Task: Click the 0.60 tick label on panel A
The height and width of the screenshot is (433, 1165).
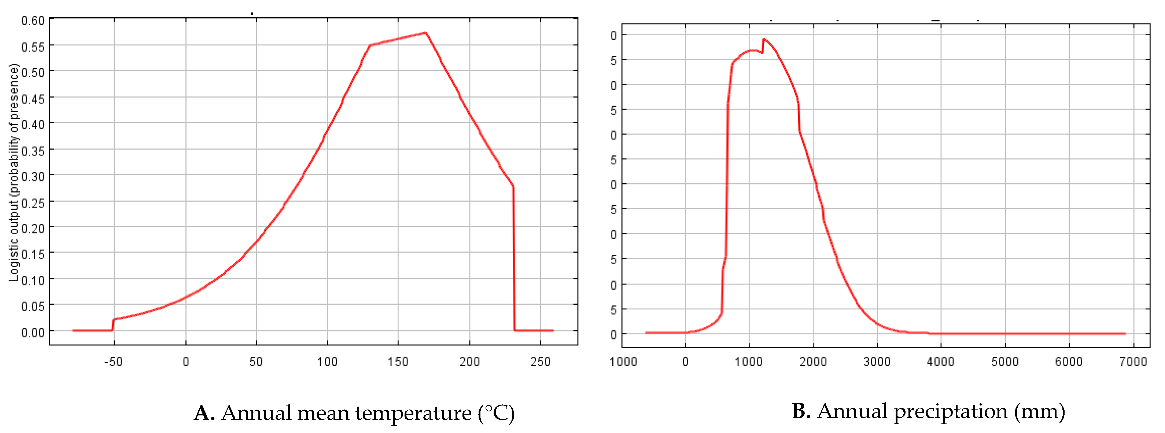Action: [33, 21]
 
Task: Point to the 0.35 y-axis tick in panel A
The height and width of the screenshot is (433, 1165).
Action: [33, 151]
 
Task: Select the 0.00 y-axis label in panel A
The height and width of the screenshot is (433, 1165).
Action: [33, 333]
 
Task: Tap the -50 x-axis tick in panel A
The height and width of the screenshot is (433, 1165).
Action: [113, 362]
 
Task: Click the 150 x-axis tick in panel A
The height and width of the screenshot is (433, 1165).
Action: [398, 362]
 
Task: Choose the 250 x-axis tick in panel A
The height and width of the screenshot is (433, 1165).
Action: [540, 362]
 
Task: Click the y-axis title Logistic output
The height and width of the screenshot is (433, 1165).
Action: [14, 172]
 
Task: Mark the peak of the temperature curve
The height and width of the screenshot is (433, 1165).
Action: [425, 33]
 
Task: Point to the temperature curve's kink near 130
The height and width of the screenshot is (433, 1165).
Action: [370, 45]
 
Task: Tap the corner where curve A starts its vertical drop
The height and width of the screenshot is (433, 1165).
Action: [512, 186]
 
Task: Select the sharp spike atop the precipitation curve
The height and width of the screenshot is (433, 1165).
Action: [763, 39]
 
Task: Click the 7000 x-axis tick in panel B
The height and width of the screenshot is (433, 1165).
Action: [1133, 362]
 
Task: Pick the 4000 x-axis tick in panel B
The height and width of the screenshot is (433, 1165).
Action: [940, 362]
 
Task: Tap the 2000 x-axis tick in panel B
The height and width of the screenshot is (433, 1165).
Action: [813, 362]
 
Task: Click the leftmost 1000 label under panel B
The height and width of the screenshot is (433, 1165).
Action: [623, 362]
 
